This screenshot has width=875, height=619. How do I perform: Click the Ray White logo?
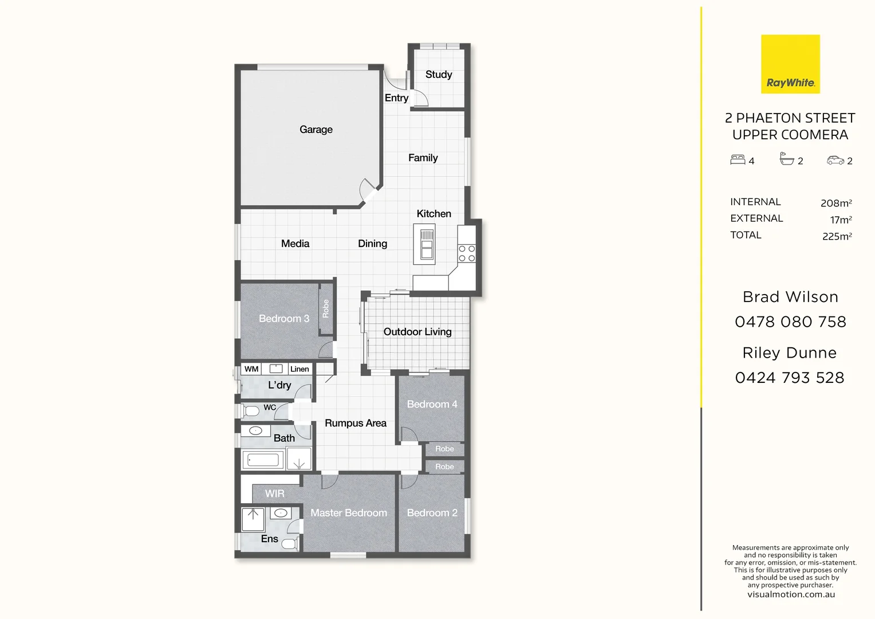790,64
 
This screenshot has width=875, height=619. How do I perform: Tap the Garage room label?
316,130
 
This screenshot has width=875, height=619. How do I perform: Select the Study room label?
439,75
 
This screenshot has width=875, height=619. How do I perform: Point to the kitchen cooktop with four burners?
467,253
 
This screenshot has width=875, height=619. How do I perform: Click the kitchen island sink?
427,244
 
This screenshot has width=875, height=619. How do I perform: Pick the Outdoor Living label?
417,332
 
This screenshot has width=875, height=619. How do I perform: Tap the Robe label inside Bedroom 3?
326,308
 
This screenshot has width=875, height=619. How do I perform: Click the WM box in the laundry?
251,369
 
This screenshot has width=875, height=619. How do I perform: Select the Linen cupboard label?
299,369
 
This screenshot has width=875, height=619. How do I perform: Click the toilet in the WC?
250,411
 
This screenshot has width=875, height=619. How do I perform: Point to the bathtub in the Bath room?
263,460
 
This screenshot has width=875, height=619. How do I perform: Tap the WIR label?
275,493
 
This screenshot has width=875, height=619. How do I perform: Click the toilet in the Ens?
289,544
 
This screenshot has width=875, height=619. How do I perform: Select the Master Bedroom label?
348,512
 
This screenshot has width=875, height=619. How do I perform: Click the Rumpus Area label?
356,423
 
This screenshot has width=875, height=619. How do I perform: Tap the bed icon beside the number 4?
738,159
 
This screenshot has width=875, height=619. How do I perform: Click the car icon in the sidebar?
835,160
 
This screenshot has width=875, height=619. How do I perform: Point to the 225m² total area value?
837,236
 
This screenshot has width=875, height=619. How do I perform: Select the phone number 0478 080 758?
790,322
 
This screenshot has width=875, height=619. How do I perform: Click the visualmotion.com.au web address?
791,595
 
